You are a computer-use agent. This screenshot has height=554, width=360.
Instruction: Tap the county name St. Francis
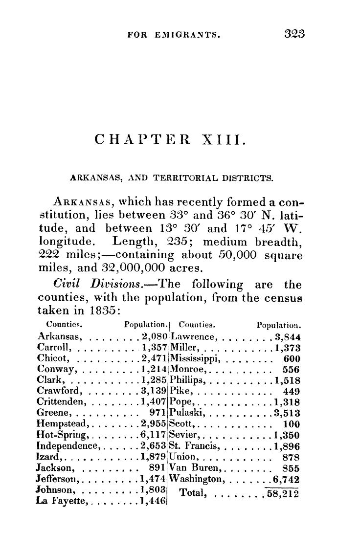pos(192,445)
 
